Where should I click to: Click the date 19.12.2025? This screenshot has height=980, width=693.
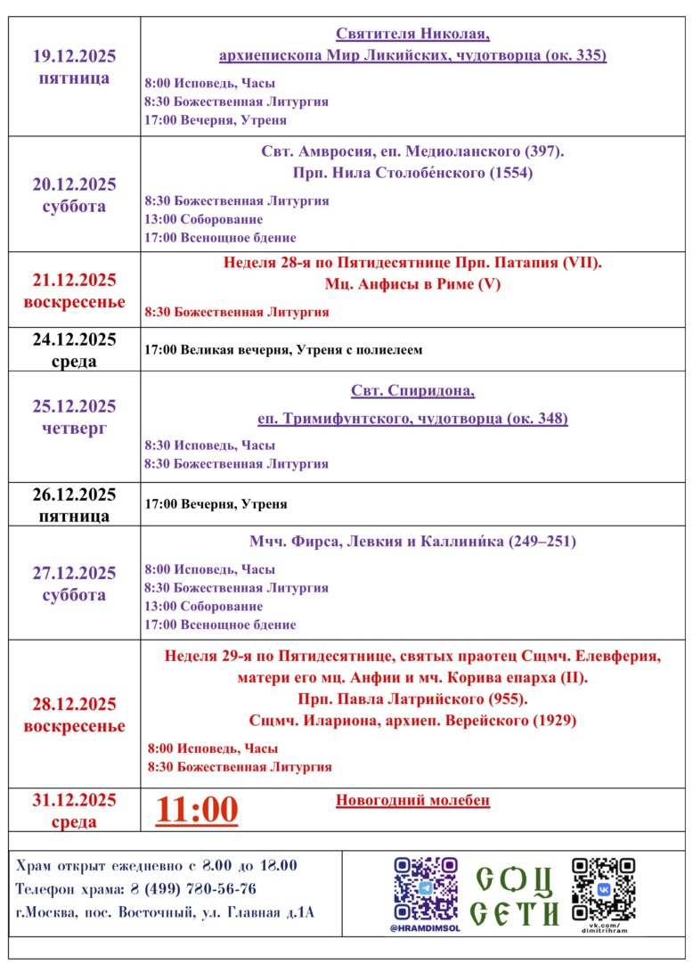74,56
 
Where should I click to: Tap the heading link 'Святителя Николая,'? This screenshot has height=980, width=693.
412,35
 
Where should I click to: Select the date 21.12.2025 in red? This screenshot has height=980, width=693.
74,281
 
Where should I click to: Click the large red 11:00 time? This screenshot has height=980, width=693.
197,810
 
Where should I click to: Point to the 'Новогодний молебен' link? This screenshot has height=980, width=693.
412,800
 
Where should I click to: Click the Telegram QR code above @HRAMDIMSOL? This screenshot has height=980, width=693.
426,888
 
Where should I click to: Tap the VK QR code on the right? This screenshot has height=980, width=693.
603,888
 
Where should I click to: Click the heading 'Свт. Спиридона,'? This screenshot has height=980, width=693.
412,392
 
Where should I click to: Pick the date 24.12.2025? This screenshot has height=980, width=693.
74,339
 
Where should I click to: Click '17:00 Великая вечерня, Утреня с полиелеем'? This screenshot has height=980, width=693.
283,350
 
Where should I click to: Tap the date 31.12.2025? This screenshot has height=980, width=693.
74,799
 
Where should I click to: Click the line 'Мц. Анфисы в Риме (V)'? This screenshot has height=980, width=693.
412,285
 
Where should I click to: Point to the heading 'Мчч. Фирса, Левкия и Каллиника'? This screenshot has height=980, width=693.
412,542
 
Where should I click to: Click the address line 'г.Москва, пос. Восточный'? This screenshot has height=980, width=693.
166,912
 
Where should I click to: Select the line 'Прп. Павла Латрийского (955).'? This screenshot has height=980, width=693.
412,698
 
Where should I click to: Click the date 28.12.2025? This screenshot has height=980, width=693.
74,704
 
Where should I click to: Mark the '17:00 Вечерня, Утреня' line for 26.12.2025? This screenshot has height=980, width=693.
216,504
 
